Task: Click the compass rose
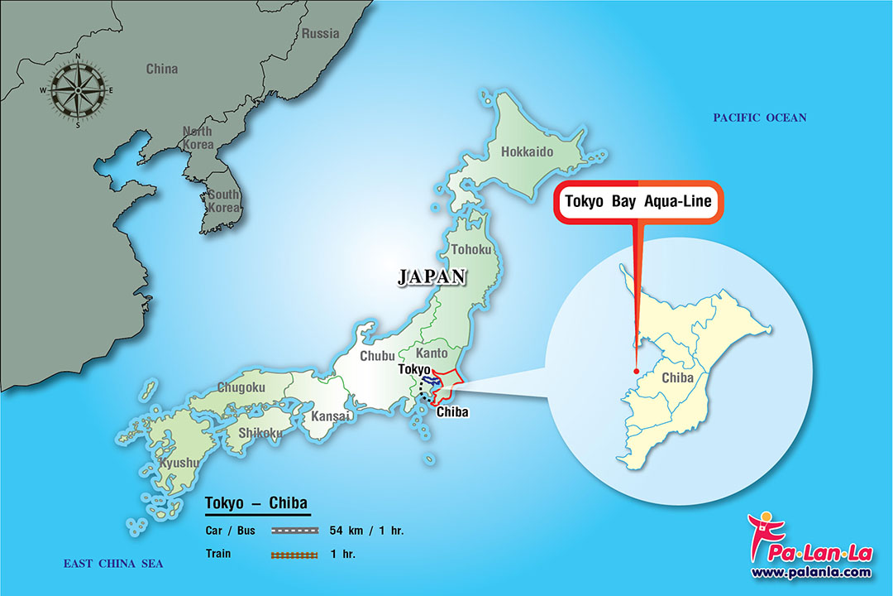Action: point(79,89)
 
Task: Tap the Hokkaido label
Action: point(526,152)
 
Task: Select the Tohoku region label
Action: point(471,249)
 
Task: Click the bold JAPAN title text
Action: point(432,277)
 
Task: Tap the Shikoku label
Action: point(260,432)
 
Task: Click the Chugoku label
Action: point(241,387)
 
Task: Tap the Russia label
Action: point(320,34)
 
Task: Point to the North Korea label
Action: point(198,138)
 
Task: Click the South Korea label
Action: point(223,200)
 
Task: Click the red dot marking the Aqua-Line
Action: point(636,371)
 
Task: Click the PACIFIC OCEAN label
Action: point(759,118)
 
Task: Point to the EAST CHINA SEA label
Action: point(113,564)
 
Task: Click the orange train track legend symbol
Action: point(295,554)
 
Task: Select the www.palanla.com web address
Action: point(810,572)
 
